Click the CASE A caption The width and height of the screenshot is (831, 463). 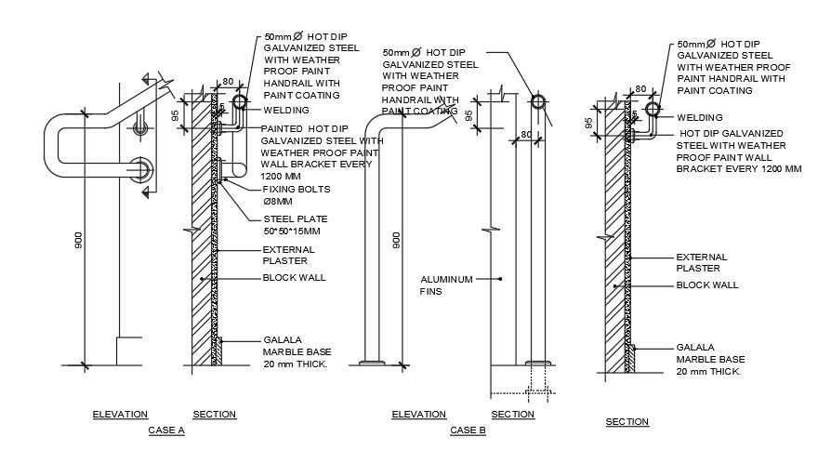[166, 430]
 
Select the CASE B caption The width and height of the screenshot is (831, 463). [468, 430]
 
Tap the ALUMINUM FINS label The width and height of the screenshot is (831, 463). [447, 284]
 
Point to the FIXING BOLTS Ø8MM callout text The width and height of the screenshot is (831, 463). [297, 195]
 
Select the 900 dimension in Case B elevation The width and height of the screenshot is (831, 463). [397, 241]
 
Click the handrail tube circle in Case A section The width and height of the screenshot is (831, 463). [240, 99]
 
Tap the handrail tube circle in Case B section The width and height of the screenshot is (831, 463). [536, 102]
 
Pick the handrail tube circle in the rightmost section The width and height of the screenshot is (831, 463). [653, 110]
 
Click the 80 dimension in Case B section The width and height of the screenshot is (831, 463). [525, 134]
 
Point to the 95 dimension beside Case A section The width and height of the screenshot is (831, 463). [175, 114]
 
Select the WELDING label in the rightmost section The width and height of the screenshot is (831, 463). [700, 118]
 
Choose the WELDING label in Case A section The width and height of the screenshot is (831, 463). [285, 110]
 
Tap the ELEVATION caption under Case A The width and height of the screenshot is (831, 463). [120, 414]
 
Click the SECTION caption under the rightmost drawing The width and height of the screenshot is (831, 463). [627, 422]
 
